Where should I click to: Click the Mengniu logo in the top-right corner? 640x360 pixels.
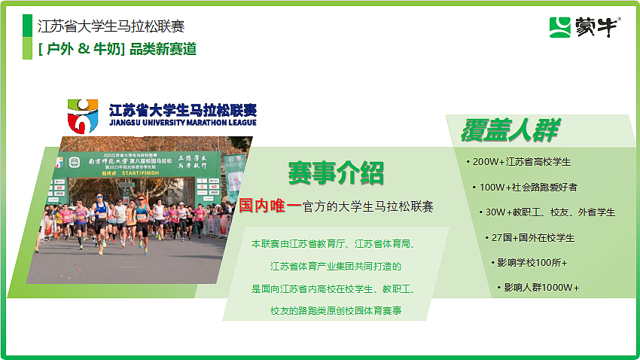coord(584,28)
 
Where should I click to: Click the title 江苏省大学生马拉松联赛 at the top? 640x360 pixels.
coord(111,26)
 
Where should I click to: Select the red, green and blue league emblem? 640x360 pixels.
coord(82,115)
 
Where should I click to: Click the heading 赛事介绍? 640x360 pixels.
coord(336,172)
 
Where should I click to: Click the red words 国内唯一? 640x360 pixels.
coord(270,205)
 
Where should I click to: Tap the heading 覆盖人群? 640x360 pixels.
coord(509,130)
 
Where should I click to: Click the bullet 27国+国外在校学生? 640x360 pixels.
coord(532,238)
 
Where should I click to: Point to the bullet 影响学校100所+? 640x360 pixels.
coord(532,263)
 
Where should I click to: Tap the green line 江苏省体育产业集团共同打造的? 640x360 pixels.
coord(336,267)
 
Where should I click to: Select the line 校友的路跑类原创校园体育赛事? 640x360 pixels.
coord(336,310)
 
